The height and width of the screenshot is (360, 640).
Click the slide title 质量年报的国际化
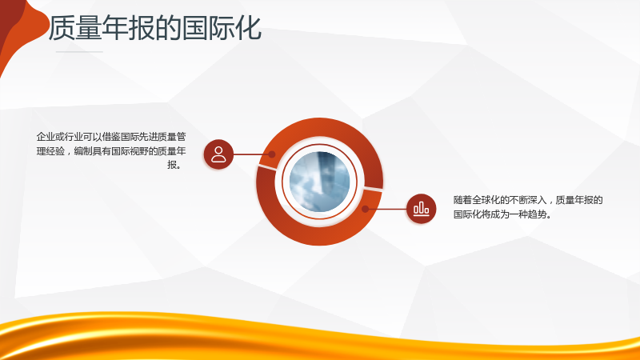coord(155,28)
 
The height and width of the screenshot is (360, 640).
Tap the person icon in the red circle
coord(218,154)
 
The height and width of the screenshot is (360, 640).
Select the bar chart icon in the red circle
coord(422,209)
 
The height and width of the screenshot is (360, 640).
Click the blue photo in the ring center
coord(319,182)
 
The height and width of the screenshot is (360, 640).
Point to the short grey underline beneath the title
coord(79,52)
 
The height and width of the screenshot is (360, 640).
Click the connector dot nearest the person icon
coord(272,154)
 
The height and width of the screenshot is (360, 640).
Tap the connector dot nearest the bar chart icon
coord(366,209)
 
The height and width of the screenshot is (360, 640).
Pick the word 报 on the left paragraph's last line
coord(172,165)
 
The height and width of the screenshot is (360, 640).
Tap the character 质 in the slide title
coord(62,28)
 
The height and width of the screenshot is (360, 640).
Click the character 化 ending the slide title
coord(249,28)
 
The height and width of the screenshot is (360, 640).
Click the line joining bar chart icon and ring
coord(386,209)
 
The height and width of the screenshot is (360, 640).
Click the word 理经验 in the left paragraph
coord(50,151)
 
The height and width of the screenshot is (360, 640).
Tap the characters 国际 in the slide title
coord(209,28)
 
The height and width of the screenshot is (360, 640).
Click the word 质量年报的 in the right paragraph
coord(579,200)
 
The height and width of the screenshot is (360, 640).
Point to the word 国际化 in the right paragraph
coord(467,214)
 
